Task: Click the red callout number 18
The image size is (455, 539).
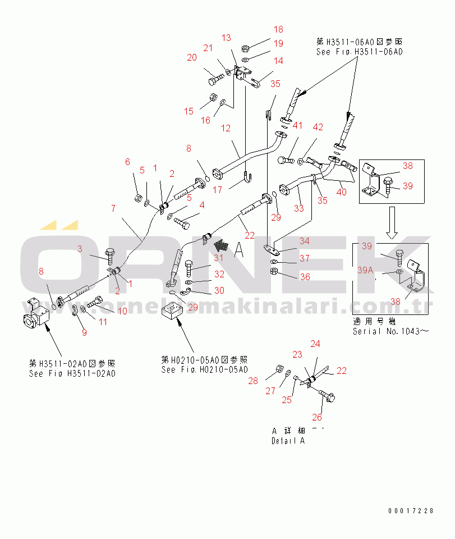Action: [x=278, y=29]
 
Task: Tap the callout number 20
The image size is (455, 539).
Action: [x=192, y=57]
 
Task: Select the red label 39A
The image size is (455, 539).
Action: [x=365, y=270]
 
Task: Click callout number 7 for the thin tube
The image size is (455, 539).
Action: [x=113, y=208]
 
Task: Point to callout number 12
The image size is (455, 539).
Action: [x=226, y=128]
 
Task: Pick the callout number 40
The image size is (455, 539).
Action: [x=342, y=193]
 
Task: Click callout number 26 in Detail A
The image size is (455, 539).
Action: [x=317, y=417]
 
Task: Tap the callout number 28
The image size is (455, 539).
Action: [x=253, y=381]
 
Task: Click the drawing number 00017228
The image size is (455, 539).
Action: [x=411, y=510]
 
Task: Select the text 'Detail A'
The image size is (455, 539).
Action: [x=288, y=441]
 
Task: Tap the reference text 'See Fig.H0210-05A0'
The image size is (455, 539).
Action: [x=204, y=369]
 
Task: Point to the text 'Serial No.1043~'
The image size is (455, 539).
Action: [x=391, y=331]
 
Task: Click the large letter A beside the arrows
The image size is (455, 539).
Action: [x=240, y=248]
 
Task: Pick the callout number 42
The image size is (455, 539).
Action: [x=318, y=127]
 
